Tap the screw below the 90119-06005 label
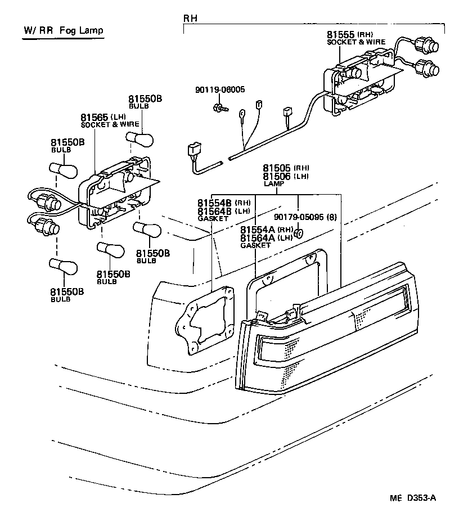click(x=218, y=106)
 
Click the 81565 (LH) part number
click(x=101, y=117)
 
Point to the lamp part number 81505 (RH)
click(x=286, y=168)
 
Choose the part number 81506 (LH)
click(x=286, y=176)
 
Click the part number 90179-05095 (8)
click(x=305, y=217)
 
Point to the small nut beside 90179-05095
click(x=299, y=232)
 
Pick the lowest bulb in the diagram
click(x=64, y=267)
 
